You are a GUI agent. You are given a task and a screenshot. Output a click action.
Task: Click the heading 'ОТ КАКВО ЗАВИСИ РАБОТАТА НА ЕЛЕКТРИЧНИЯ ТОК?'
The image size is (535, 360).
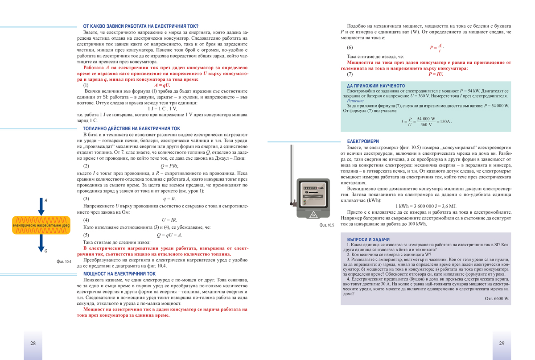click(x=141, y=26)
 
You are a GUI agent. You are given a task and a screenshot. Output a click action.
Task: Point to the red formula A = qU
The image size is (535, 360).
click(x=162, y=85)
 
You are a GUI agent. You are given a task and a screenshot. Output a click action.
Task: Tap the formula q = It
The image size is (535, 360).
click(x=169, y=199)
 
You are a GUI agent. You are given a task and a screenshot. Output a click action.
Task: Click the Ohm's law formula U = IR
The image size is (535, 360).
click(x=169, y=220)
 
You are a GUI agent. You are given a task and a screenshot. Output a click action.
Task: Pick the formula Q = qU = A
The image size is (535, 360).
click(x=169, y=235)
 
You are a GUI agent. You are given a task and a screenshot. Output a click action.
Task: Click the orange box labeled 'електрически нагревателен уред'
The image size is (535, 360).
click(x=41, y=226)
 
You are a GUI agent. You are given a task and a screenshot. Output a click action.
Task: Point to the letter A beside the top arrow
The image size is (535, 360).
click(x=45, y=201)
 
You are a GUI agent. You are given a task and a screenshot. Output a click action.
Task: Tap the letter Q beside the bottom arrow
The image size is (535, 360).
click(x=45, y=251)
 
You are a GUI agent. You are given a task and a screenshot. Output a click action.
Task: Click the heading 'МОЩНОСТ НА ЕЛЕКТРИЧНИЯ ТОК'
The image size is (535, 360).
click(x=119, y=274)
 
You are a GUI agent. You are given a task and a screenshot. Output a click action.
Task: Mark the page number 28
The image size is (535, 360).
click(x=33, y=343)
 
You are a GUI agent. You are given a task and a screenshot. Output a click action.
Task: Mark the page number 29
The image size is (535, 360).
click(x=502, y=343)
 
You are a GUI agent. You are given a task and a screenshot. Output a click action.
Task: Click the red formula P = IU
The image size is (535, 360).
click(x=436, y=74)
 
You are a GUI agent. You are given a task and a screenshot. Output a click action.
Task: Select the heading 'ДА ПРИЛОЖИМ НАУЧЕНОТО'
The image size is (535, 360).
click(x=376, y=86)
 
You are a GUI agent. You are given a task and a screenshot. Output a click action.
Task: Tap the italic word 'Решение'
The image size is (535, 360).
click(x=355, y=101)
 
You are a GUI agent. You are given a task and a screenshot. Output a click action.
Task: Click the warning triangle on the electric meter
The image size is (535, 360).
click(x=313, y=215)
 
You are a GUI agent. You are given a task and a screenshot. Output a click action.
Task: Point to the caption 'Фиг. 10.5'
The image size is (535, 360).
click(x=327, y=225)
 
